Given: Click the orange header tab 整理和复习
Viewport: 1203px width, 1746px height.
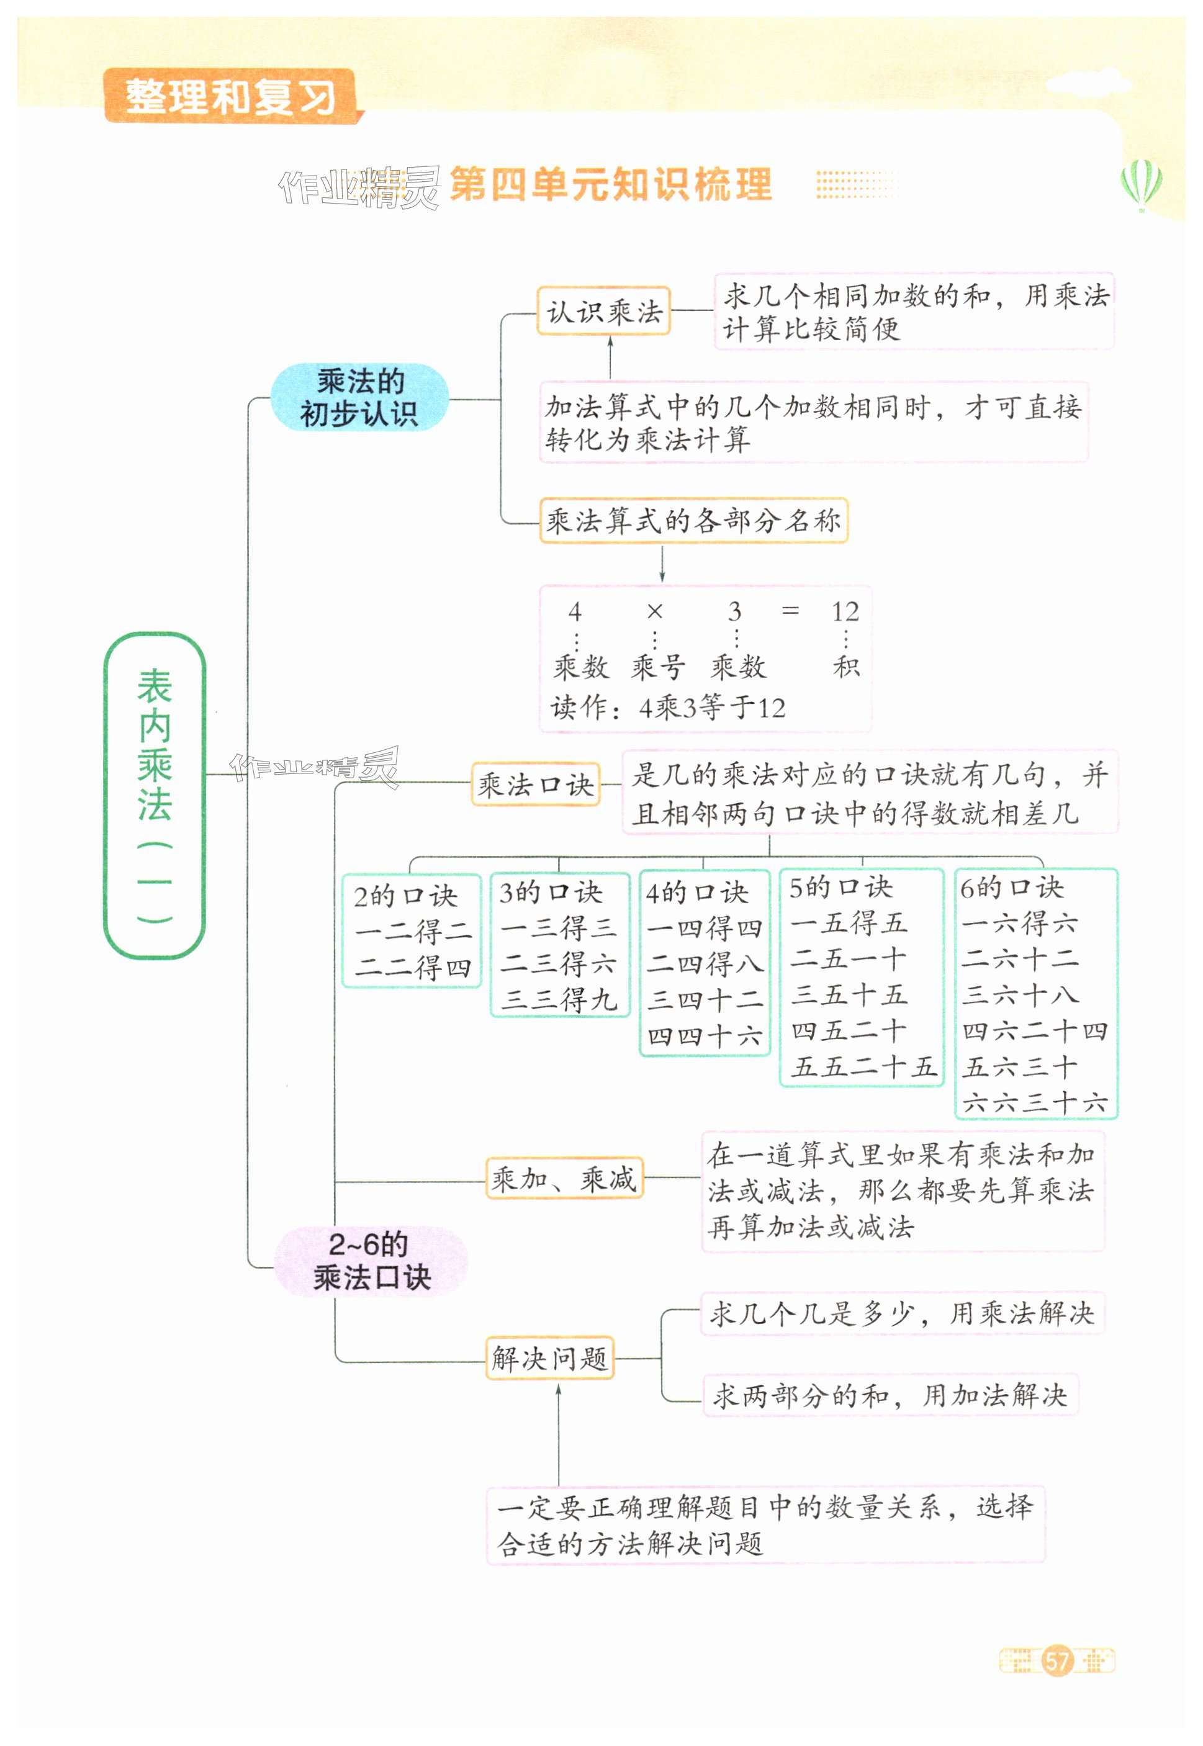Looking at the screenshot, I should (230, 96).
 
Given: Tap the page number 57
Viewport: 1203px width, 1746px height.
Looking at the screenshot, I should (1057, 1660).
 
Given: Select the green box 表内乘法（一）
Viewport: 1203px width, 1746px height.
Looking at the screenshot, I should (155, 794).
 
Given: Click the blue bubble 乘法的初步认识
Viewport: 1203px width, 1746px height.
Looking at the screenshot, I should (359, 397).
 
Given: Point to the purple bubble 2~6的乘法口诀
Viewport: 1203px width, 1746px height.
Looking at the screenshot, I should (371, 1261).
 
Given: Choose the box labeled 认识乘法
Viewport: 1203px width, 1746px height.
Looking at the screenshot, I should (604, 310).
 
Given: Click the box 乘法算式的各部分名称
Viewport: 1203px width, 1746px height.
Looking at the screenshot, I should (693, 520).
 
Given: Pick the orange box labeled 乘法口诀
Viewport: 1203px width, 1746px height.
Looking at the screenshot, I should (535, 785).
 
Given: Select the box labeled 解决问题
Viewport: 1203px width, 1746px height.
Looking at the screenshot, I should (549, 1359).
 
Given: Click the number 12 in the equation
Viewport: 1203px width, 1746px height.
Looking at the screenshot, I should (845, 611).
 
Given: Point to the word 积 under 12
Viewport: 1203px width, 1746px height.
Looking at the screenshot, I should (847, 666).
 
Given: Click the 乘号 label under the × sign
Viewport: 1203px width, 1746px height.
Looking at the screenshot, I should (657, 667).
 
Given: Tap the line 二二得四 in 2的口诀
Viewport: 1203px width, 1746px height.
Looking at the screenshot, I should (412, 968).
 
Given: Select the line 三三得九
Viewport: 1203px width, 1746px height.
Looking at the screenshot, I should (559, 999).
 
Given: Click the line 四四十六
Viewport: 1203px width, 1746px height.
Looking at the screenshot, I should (704, 1036).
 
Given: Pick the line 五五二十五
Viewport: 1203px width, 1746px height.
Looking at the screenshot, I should (862, 1066).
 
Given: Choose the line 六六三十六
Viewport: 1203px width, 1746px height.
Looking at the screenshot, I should (1035, 1102).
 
